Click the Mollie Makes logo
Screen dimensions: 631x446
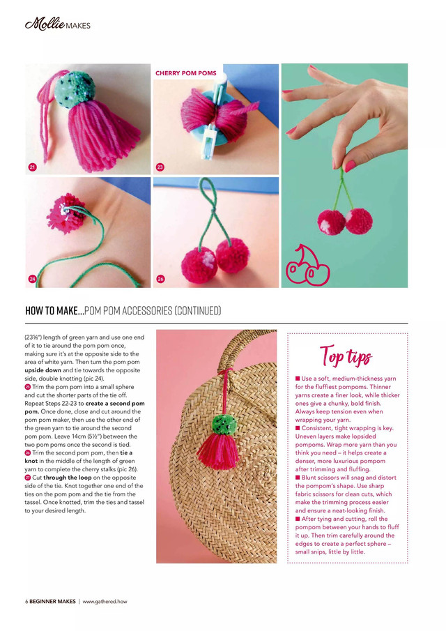point(58,26)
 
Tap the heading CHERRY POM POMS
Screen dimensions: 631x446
point(186,73)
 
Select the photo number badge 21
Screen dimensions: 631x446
point(32,167)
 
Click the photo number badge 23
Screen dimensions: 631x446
point(160,167)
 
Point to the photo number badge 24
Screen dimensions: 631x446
point(32,279)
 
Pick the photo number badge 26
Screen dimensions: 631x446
point(160,279)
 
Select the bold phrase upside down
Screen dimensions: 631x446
point(43,370)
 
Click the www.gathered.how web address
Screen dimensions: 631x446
point(105,601)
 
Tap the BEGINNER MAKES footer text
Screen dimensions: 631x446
point(52,601)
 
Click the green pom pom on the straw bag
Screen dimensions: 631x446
point(222,423)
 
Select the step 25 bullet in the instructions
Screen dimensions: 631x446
point(27,387)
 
